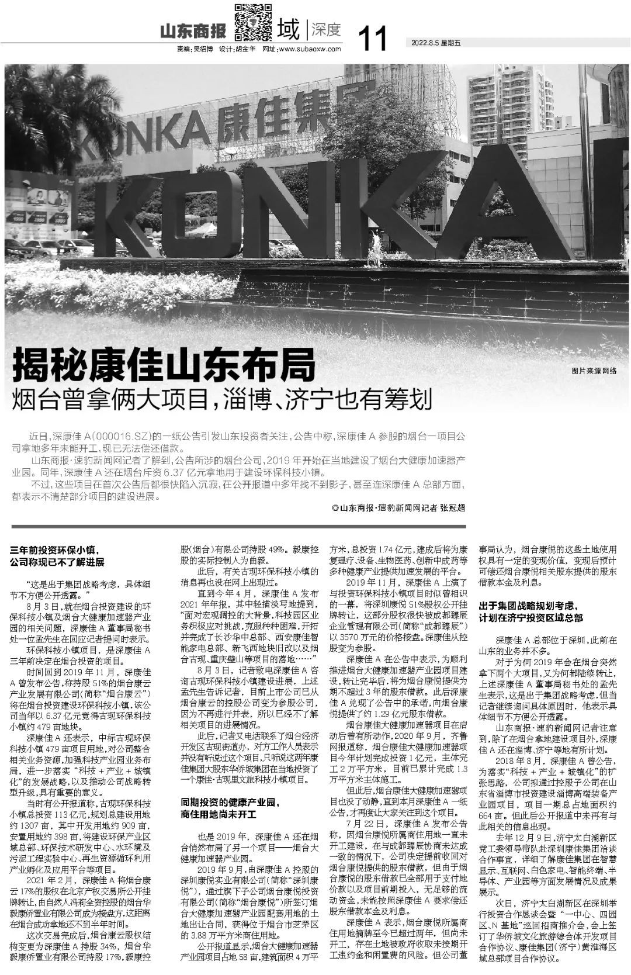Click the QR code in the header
coord(254,22)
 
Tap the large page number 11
coord(372,38)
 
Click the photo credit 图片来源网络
coord(594,371)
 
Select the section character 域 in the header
coord(289,29)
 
